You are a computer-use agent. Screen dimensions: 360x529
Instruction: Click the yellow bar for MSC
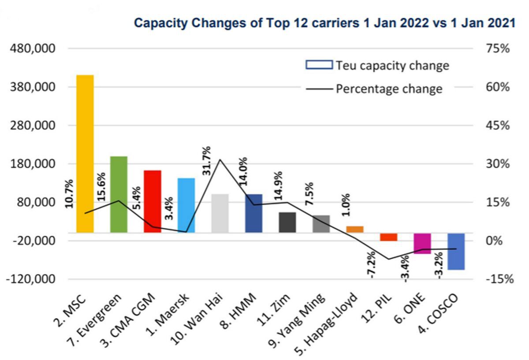(x=85, y=154)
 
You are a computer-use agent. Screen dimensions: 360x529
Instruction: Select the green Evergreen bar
(x=119, y=194)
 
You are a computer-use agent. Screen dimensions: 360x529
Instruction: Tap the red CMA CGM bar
(x=153, y=201)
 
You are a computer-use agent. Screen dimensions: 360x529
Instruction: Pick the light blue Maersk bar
(x=186, y=205)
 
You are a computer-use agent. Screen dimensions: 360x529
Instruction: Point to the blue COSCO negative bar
(x=456, y=251)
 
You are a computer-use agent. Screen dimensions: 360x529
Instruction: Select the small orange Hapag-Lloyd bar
(x=355, y=229)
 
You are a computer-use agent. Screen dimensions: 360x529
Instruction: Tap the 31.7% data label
(x=207, y=160)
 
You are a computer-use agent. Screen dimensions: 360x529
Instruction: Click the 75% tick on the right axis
(x=498, y=48)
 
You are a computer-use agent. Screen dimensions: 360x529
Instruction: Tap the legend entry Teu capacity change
(x=392, y=66)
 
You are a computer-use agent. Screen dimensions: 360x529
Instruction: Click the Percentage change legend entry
(x=389, y=89)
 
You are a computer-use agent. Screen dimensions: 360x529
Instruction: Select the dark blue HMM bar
(x=253, y=213)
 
